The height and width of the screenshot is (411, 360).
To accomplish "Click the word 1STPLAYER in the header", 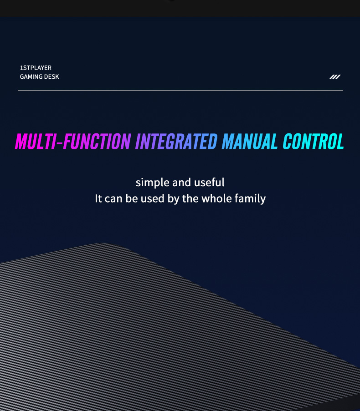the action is click(x=36, y=68).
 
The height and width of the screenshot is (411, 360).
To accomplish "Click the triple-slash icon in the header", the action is click(x=335, y=76).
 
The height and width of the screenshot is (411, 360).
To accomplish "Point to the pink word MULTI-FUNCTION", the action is click(x=73, y=141).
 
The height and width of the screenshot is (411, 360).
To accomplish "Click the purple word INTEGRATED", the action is click(x=176, y=141).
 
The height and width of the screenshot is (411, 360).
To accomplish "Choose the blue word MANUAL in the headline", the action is click(x=250, y=141).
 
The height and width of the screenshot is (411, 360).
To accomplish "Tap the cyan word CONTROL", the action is click(x=314, y=141).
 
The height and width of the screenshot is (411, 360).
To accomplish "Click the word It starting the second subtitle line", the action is click(x=98, y=199).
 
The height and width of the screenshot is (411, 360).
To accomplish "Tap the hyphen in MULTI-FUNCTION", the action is click(x=60, y=143).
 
